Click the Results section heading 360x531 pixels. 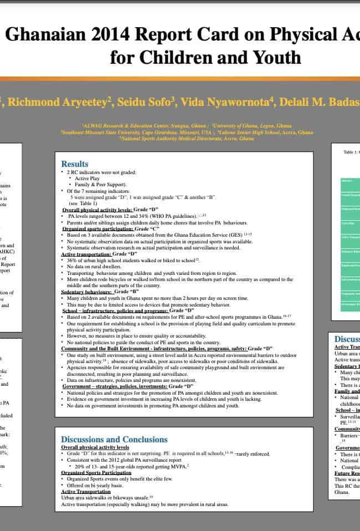coord(74,164)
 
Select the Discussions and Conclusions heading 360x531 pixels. coord(114,440)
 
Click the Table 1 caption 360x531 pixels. coord(351,151)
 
